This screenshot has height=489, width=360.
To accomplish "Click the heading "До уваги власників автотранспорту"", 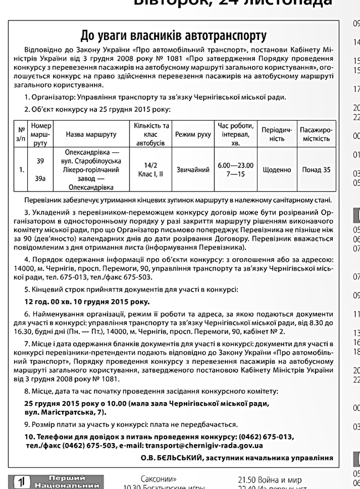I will [x=173, y=35].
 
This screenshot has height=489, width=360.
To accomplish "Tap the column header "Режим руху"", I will [x=193, y=134].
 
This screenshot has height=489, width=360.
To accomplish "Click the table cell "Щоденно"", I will [x=277, y=170].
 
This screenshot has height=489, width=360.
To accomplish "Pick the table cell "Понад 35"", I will [x=316, y=170].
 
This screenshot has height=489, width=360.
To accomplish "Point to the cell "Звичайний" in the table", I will [x=193, y=170].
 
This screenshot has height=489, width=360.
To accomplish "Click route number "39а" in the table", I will [x=40, y=178].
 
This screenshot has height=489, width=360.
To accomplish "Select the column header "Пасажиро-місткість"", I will [x=316, y=134].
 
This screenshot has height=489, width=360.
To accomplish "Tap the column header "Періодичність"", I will [x=277, y=134].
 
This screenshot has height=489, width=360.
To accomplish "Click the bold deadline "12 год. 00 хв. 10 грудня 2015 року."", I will [x=87, y=302].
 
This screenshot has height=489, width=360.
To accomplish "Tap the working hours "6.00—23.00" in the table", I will [x=235, y=166].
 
